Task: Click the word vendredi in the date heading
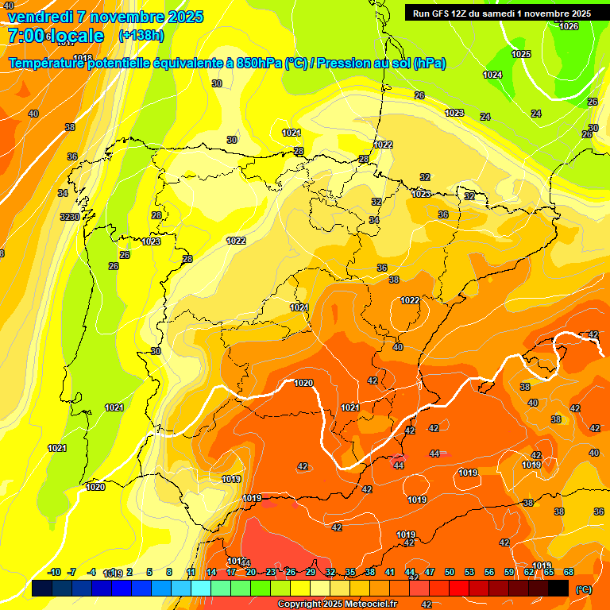(41, 17)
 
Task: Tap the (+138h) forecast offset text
(141, 36)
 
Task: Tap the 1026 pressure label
(569, 26)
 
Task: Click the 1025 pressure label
(521, 54)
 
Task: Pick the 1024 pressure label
(492, 75)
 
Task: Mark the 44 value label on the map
(398, 465)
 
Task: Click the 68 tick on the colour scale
(569, 572)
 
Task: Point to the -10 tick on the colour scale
(55, 572)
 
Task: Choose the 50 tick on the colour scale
(450, 572)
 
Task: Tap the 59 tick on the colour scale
(509, 572)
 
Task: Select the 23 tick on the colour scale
(270, 572)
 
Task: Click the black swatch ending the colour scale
(558, 588)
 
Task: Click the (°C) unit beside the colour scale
(584, 589)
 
